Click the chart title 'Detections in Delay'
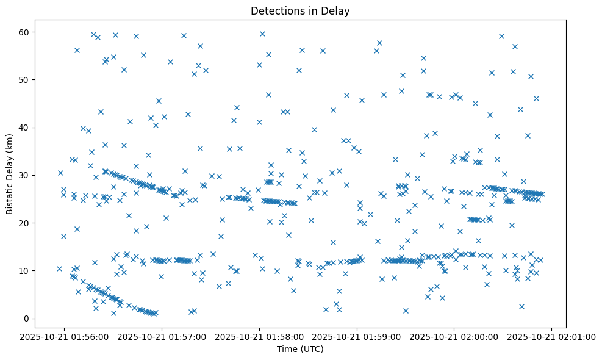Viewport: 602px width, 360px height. pos(300,11)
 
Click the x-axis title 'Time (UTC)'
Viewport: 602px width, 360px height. pos(300,349)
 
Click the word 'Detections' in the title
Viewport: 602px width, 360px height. pos(275,11)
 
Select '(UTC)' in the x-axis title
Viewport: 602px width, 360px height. pos(313,349)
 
